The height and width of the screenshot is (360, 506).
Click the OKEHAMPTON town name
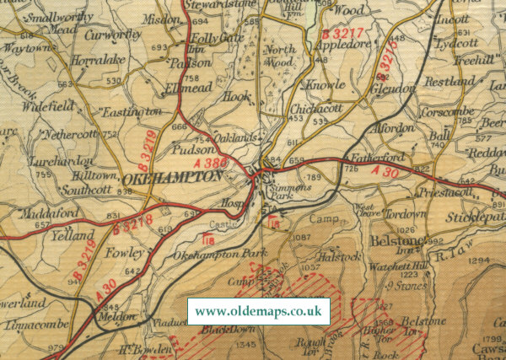[172, 178]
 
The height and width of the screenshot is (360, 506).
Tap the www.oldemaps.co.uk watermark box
[258, 311]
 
